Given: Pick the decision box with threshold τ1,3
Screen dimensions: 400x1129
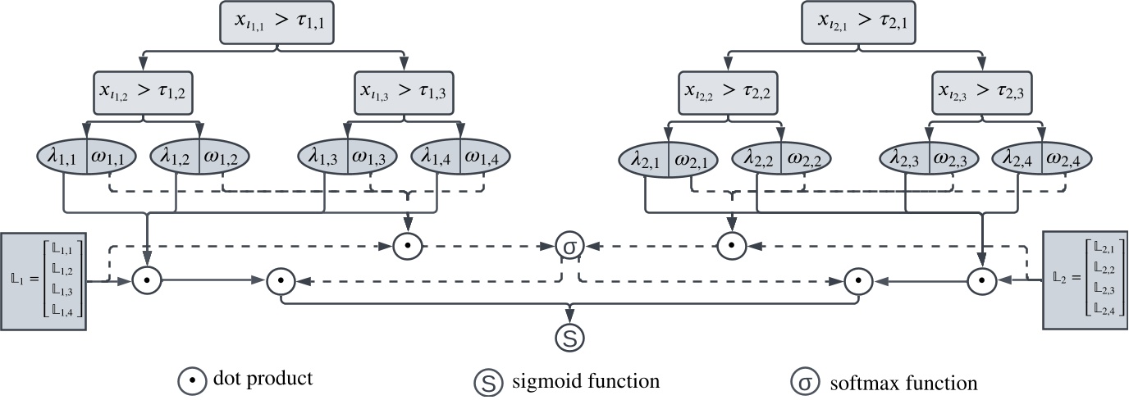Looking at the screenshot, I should point(403,91).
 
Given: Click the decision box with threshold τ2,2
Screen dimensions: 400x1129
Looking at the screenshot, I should point(725,91).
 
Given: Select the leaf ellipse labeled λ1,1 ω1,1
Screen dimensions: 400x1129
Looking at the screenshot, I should point(88,157).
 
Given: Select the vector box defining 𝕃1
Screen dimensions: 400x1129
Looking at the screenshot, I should point(43,281).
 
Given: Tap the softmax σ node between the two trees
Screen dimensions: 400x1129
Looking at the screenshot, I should point(569,245).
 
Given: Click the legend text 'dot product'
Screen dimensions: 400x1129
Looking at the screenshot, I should point(263,380).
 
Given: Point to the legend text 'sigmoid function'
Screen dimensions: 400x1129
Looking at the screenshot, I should point(585,381).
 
